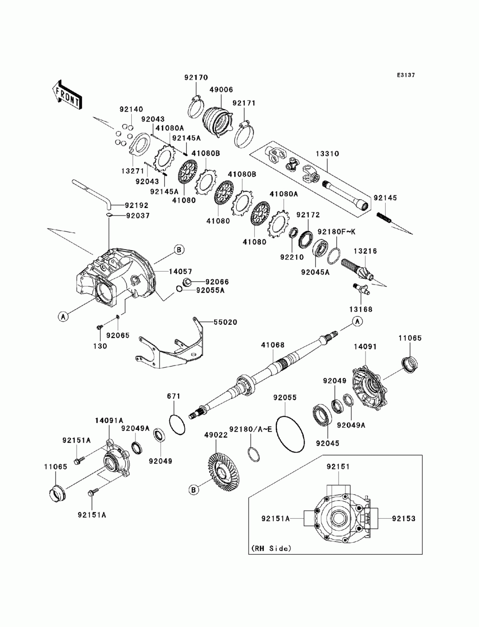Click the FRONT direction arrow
(x=67, y=94)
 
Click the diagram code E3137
(x=406, y=75)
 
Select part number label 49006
(x=221, y=90)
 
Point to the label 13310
(x=327, y=154)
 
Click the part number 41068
(x=273, y=345)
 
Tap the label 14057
(x=180, y=272)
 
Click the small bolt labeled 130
(x=100, y=327)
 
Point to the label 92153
(x=404, y=518)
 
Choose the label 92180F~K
(x=336, y=232)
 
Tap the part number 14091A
(x=109, y=421)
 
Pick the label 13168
(x=361, y=309)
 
